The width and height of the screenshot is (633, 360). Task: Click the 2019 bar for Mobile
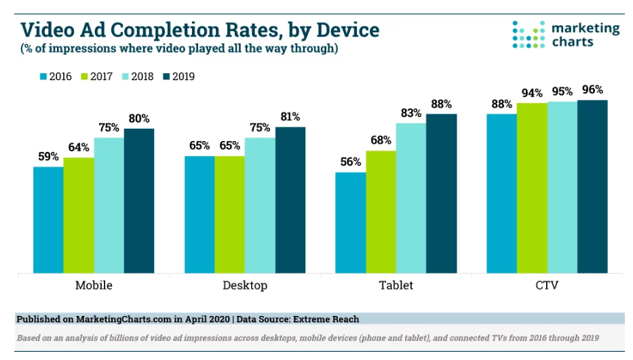[x=139, y=201]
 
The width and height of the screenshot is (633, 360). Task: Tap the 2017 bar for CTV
[x=532, y=188]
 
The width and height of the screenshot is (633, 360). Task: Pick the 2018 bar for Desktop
[x=260, y=205]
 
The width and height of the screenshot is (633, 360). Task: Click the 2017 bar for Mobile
[x=79, y=216]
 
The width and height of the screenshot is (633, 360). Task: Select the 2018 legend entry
[x=136, y=77]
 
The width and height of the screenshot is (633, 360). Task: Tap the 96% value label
[x=592, y=89]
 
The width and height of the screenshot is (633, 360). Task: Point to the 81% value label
[x=290, y=117]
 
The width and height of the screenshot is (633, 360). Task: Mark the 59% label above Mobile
[x=48, y=157]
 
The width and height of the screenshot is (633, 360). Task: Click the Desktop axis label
[x=245, y=285]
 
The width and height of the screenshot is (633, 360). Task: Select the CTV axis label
[x=547, y=285]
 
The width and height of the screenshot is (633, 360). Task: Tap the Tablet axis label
[x=396, y=285]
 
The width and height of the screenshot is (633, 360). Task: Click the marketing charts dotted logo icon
[x=528, y=34]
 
